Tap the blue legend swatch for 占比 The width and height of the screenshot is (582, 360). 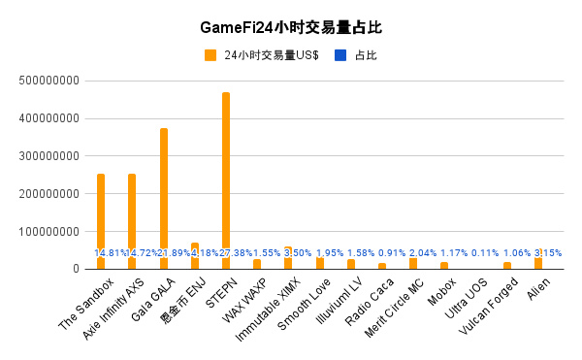pyautogui.click(x=339, y=55)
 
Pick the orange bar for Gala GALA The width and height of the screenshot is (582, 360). pyautogui.click(x=164, y=194)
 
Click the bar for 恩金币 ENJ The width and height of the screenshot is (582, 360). pyautogui.click(x=195, y=255)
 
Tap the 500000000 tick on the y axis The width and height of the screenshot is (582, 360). pyautogui.click(x=48, y=81)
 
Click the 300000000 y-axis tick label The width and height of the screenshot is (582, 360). pyautogui.click(x=48, y=156)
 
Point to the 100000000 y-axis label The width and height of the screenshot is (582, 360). pyautogui.click(x=48, y=232)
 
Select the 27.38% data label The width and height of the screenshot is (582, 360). pyautogui.click(x=227, y=252)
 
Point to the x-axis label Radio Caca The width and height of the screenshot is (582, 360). pyautogui.click(x=363, y=297)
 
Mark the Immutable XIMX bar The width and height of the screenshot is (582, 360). pyautogui.click(x=288, y=257)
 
